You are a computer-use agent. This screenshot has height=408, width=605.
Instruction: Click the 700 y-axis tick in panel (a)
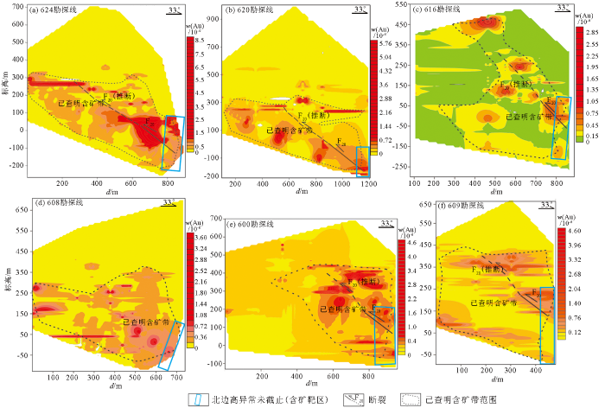click(x=18, y=6)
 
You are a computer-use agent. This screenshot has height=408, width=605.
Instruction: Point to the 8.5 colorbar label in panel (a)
click(x=196, y=40)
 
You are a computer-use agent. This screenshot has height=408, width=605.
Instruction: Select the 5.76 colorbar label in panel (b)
click(x=386, y=42)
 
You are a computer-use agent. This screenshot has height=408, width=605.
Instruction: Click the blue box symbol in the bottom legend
click(x=197, y=400)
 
